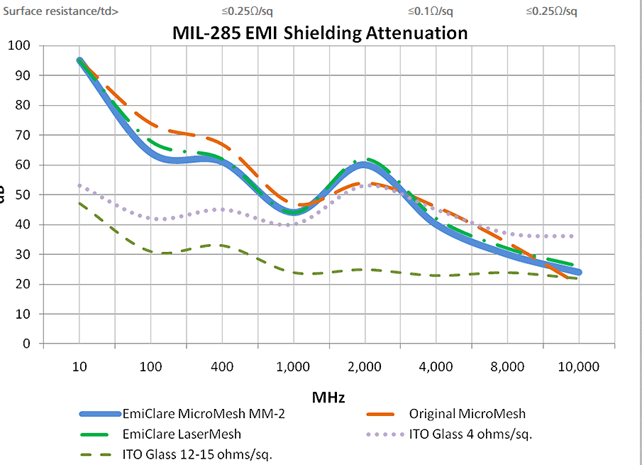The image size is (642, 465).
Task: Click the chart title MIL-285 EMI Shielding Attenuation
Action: click(320, 33)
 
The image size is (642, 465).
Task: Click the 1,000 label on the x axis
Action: click(293, 367)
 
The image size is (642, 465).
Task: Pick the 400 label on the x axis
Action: click(222, 367)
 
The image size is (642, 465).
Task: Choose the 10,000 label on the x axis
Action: click(578, 367)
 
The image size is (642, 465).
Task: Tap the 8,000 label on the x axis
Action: click(507, 367)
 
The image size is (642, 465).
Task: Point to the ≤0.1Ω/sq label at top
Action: click(430, 11)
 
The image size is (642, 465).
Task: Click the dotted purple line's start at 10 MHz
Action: click(79, 185)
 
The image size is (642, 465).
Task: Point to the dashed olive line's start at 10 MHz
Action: click(79, 203)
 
